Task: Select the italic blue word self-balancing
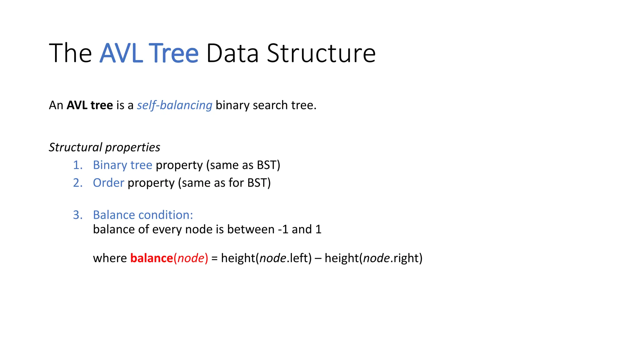(174, 105)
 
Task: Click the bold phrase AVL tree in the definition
(90, 105)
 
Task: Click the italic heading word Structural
(75, 147)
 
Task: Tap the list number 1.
(77, 165)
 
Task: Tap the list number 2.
(77, 183)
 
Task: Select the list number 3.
(77, 215)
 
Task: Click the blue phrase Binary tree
(122, 165)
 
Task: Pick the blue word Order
(108, 183)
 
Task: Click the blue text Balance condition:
(143, 215)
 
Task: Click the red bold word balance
(152, 258)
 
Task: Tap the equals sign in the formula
(214, 258)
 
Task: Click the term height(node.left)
(266, 258)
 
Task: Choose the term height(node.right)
(373, 258)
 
